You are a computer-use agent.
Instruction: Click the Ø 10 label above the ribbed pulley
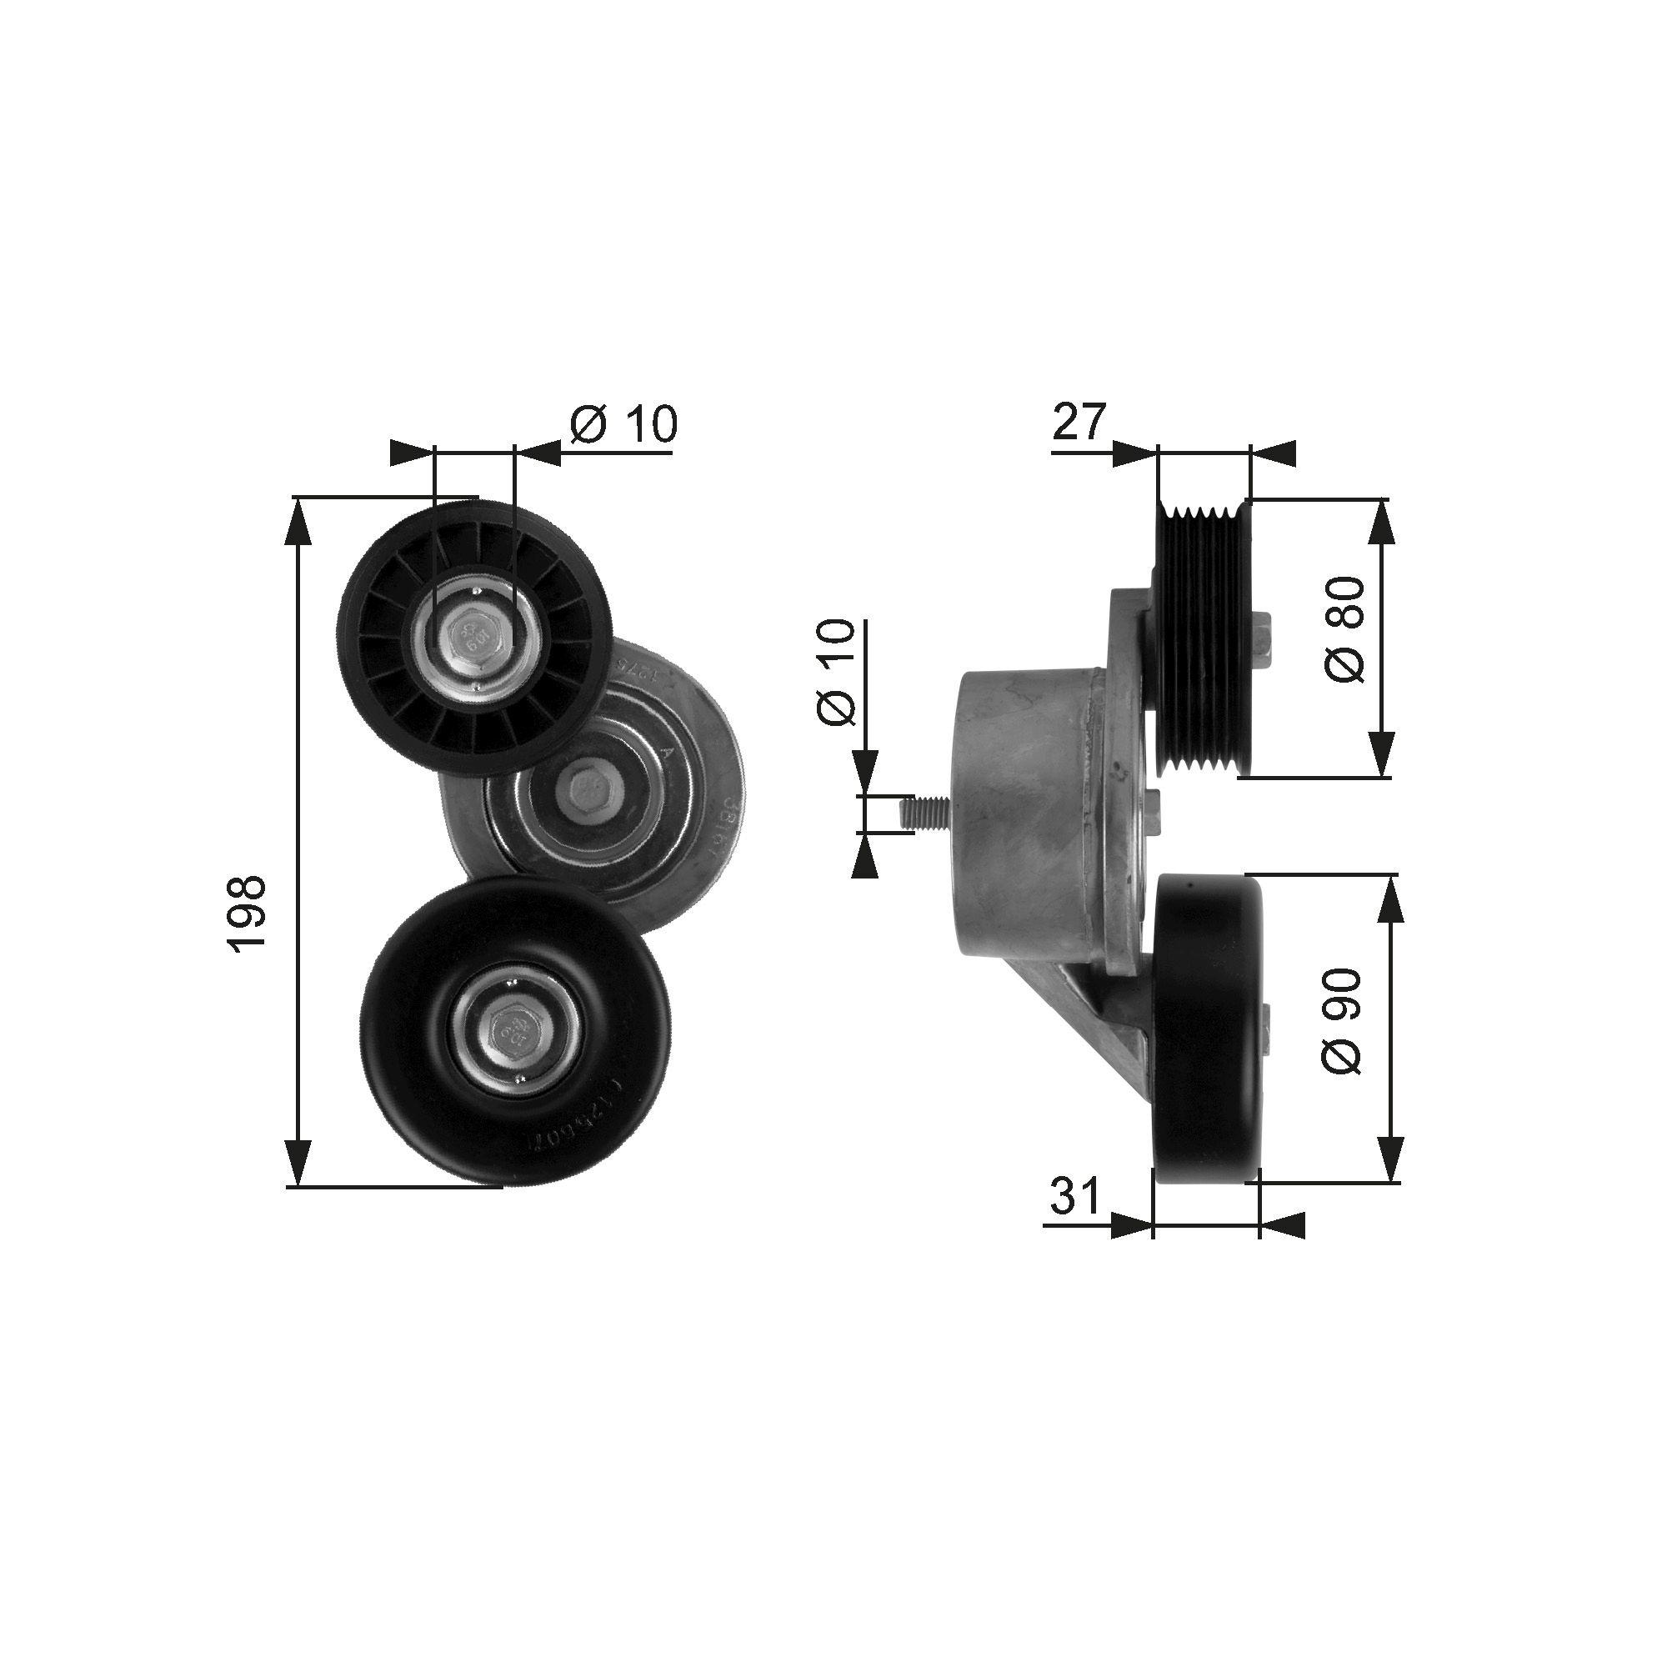click(x=623, y=423)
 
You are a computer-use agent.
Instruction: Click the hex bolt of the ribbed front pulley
click(x=474, y=638)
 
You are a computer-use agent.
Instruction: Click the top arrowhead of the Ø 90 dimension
click(x=1390, y=898)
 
